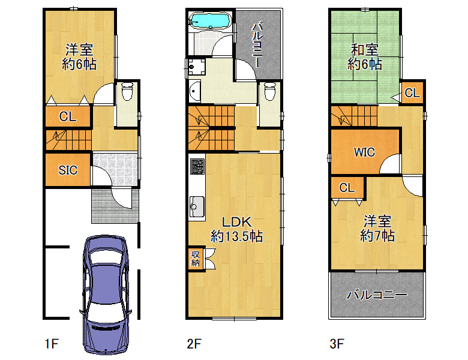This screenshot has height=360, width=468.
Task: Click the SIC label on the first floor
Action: [x=68, y=170]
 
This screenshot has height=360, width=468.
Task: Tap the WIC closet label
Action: [x=364, y=152]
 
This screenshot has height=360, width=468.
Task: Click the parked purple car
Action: [x=106, y=294]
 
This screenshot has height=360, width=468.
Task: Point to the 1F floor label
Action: [x=52, y=344]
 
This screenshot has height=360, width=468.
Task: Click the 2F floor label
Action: [x=194, y=344]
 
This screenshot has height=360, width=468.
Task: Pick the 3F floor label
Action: [x=337, y=344]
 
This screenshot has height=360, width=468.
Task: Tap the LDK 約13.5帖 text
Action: [x=236, y=229]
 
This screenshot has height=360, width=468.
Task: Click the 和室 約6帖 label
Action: [x=365, y=57]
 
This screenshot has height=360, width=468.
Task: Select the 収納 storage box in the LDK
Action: [x=196, y=259]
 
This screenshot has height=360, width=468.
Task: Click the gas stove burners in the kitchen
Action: [x=197, y=167]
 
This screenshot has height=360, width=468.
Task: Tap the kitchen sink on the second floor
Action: [x=197, y=206]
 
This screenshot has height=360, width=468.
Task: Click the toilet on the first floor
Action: [x=127, y=91]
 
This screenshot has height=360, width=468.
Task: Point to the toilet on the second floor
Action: [x=270, y=91]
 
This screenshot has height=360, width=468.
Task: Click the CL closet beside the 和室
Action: [x=412, y=93]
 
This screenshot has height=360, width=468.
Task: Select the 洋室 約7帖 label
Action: [x=377, y=229]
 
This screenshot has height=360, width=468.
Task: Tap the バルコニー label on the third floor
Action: [x=377, y=295]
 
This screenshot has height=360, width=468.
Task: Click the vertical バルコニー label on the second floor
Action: [x=257, y=45]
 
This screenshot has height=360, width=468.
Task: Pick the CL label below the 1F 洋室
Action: [x=68, y=116]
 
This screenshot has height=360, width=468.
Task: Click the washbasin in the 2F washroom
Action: [x=194, y=91]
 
